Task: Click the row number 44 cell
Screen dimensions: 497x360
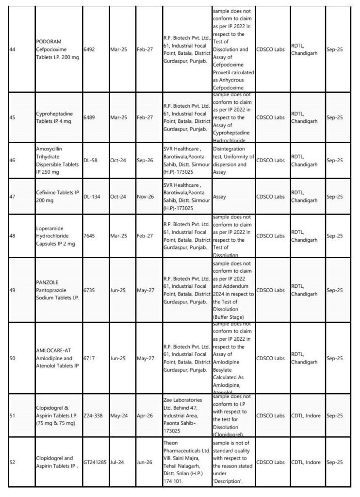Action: (12, 49)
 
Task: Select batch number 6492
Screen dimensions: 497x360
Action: (90, 49)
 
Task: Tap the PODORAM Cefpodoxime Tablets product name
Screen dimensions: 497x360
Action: (57, 49)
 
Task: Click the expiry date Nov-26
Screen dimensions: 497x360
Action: (145, 197)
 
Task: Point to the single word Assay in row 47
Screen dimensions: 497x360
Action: (220, 197)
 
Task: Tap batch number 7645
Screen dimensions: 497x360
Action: (90, 235)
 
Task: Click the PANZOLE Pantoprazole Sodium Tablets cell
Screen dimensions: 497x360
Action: (57, 290)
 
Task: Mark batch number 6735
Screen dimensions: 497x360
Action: (90, 290)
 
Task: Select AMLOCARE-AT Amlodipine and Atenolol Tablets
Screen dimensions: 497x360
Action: (57, 358)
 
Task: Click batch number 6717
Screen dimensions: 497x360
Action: (90, 358)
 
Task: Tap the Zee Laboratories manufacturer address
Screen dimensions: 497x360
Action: (186, 415)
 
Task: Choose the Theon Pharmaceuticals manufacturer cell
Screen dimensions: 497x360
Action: (186, 462)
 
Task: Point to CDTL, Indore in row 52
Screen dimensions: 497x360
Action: (306, 462)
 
